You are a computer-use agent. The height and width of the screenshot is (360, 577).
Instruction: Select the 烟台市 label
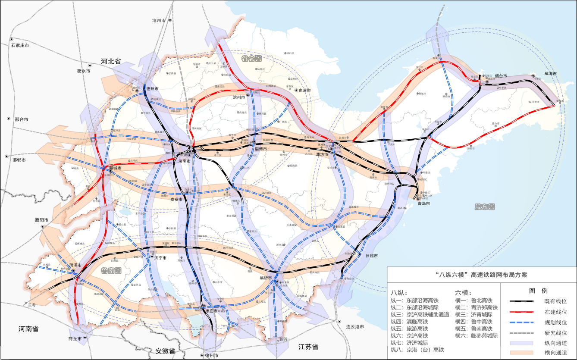[501, 76]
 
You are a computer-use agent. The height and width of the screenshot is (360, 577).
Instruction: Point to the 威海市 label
[551, 74]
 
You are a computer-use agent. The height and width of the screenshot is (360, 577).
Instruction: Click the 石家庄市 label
[20, 45]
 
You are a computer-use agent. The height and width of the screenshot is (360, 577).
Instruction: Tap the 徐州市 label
[212, 355]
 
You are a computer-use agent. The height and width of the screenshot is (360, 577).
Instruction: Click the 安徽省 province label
[160, 351]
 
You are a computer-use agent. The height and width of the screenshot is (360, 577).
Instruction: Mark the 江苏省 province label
[308, 347]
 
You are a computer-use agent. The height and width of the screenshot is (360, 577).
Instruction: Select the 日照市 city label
[372, 256]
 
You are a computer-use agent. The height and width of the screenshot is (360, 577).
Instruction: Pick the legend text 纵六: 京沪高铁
[409, 335]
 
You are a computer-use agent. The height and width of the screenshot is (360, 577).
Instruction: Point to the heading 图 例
[538, 290]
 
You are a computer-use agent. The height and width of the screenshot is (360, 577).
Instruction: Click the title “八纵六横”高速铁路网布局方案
[481, 274]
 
